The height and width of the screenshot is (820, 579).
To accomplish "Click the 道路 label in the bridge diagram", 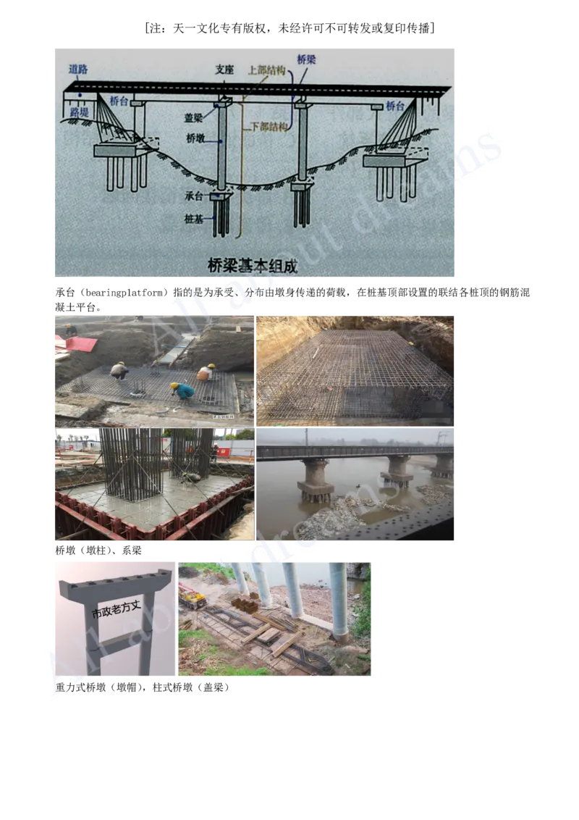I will [78, 70].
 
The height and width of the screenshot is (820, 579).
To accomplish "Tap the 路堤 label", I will [79, 113].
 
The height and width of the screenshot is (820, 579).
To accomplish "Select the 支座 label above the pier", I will [224, 70].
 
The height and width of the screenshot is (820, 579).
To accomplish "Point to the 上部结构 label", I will [266, 70].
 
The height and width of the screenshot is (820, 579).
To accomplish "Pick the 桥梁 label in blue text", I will [306, 59].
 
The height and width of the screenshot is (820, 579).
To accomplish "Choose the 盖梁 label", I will [194, 117].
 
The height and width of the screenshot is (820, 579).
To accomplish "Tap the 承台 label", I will [195, 196].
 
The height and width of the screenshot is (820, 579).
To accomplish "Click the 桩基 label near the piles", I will [195, 217].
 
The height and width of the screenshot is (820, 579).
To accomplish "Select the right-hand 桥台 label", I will [394, 106].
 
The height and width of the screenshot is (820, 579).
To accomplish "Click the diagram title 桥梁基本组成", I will [253, 267].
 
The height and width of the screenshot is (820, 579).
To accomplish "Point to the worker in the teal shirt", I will [184, 391].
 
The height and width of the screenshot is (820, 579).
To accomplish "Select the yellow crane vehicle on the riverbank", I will [192, 596].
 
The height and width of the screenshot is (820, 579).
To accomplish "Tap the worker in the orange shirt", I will [206, 372].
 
